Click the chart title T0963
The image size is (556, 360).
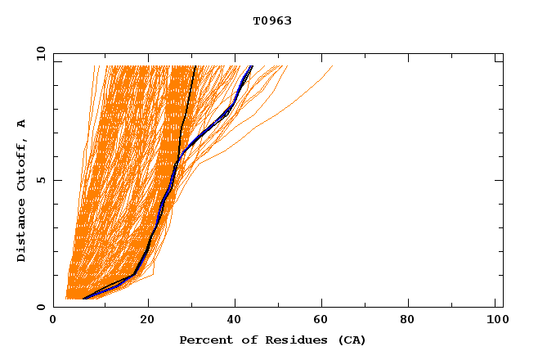point(272,20)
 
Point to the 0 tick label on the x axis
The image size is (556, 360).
point(53,320)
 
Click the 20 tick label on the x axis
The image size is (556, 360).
point(148,320)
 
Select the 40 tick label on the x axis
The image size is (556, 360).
point(236,320)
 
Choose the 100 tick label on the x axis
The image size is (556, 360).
point(495,320)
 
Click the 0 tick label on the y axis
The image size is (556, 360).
point(41,307)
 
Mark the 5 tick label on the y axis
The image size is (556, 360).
point(41,180)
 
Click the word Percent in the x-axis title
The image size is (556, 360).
point(204,340)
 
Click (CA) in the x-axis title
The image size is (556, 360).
point(349,340)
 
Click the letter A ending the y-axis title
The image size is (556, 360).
point(22,124)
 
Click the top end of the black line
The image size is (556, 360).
point(195,66)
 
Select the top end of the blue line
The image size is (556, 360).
point(252,66)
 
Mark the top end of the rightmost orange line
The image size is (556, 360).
point(332,66)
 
